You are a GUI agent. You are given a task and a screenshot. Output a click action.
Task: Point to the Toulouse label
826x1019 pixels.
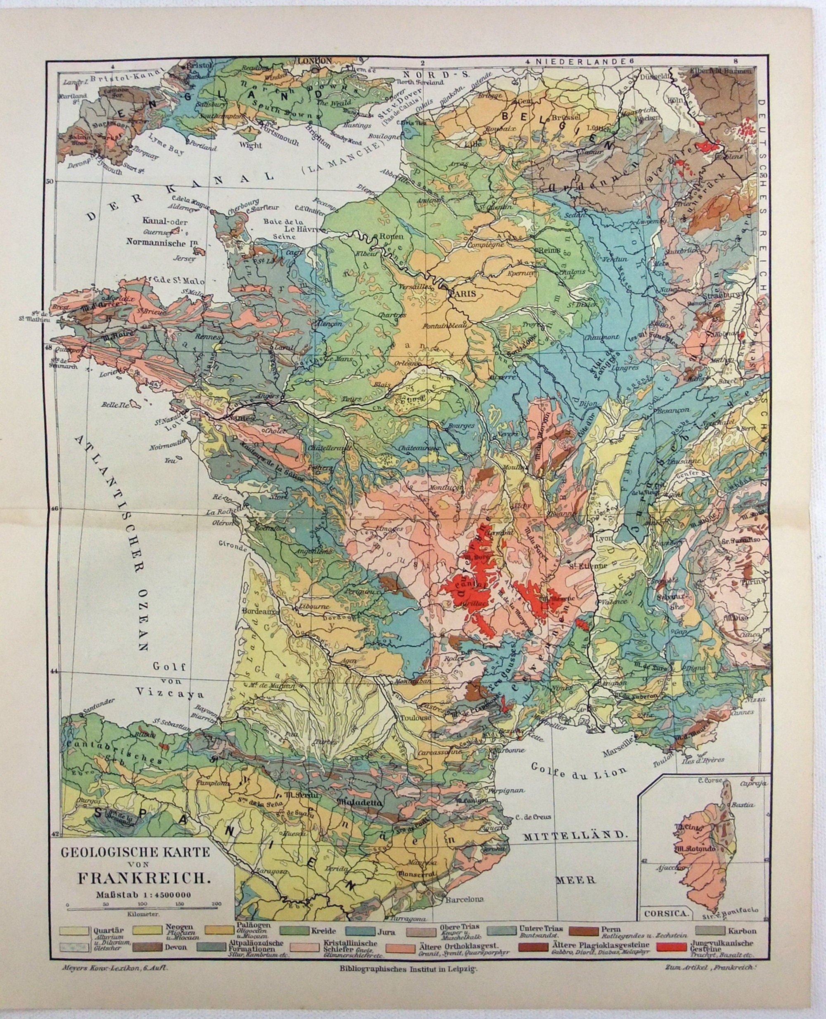(415, 718)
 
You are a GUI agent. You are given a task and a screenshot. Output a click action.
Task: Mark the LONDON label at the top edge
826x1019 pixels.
(314, 61)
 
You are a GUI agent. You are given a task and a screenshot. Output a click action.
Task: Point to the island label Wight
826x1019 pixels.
(250, 145)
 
